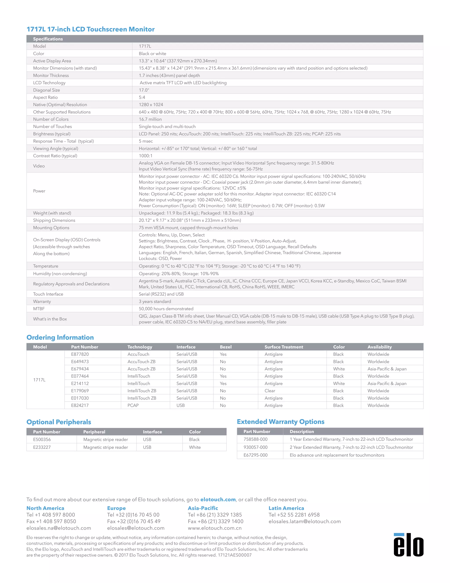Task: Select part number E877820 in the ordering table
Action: coord(80,354)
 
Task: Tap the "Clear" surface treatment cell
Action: coord(270,390)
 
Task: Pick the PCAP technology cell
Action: coord(133,405)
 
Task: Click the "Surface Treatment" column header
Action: coord(284,347)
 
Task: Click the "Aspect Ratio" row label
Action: coord(45,97)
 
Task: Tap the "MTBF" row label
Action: coord(39,309)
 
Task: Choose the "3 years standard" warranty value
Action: coord(155,301)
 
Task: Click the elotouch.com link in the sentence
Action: coord(218,499)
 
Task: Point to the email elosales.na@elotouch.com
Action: coord(59,528)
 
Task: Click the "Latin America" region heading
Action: coord(286,508)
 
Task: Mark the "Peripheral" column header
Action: coord(94,432)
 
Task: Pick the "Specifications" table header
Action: coord(48,39)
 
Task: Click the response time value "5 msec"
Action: coord(146,141)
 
